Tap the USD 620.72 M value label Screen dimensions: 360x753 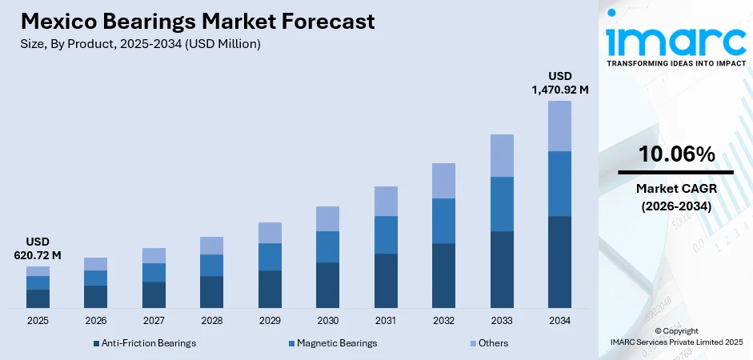38,249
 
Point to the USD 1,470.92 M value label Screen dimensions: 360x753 559,83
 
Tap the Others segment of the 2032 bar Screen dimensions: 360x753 443,181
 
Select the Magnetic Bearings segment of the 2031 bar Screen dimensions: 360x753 386,234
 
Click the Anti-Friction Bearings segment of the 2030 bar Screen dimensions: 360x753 327,285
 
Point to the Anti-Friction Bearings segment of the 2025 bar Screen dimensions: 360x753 38,298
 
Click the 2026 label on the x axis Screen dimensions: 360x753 95,320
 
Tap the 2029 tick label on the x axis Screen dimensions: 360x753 270,320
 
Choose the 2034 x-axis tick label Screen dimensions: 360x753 559,320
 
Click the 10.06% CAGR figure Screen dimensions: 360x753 676,155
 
